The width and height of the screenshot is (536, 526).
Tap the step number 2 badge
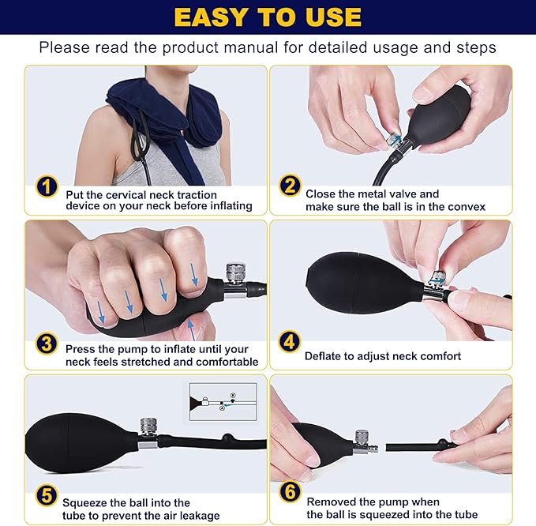point(290,187)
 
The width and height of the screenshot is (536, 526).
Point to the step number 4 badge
point(290,343)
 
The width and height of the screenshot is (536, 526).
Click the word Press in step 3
point(81,349)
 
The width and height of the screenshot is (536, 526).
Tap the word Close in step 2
point(321,194)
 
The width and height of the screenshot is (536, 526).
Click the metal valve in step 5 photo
point(147,430)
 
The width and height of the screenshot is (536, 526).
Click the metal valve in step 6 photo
point(364,441)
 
